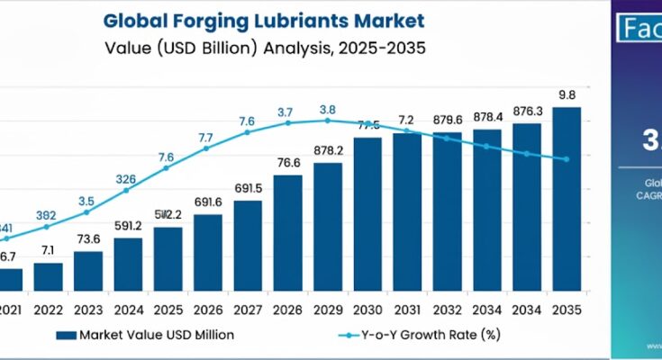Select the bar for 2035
click(566, 200)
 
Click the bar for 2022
click(49, 276)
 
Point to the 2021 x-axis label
click(9, 308)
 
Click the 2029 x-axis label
click(327, 308)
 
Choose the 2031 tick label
click(407, 308)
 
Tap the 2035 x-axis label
click(567, 308)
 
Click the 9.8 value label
click(567, 95)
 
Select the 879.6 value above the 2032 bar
click(447, 120)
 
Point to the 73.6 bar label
click(88, 238)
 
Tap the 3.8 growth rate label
click(328, 109)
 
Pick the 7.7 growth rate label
click(205, 137)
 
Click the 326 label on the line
click(127, 178)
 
